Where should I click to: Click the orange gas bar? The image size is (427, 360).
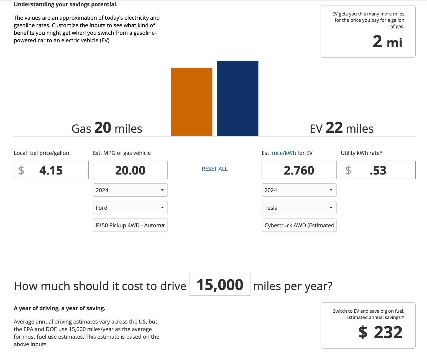[x=192, y=102]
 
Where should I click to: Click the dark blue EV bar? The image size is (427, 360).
[x=238, y=98]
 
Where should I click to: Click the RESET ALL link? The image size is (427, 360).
[x=214, y=169]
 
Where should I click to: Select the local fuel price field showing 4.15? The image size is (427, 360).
[x=51, y=170]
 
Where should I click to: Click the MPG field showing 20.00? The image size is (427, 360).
[x=130, y=170]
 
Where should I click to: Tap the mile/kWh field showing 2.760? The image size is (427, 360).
[x=299, y=170]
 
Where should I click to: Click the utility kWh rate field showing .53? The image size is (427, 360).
[x=378, y=170]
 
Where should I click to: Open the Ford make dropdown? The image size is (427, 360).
[x=130, y=208]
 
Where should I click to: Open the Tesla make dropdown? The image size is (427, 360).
[x=299, y=208]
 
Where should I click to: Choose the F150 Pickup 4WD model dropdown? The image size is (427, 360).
[x=130, y=225]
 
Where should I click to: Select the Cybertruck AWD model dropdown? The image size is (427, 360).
[x=299, y=225]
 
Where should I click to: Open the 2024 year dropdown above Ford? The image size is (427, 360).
[x=130, y=190]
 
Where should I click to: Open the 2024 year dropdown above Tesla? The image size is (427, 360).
[x=299, y=190]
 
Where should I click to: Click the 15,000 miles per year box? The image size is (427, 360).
[x=220, y=284]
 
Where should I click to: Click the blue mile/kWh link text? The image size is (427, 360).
[x=284, y=153]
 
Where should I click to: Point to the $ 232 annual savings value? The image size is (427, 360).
[x=380, y=332]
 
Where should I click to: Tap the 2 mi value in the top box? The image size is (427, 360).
[x=387, y=42]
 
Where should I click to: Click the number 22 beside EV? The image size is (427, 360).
[x=334, y=127]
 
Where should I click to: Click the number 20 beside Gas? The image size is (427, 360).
[x=103, y=127]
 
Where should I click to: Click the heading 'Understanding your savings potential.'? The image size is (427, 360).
[x=66, y=4]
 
